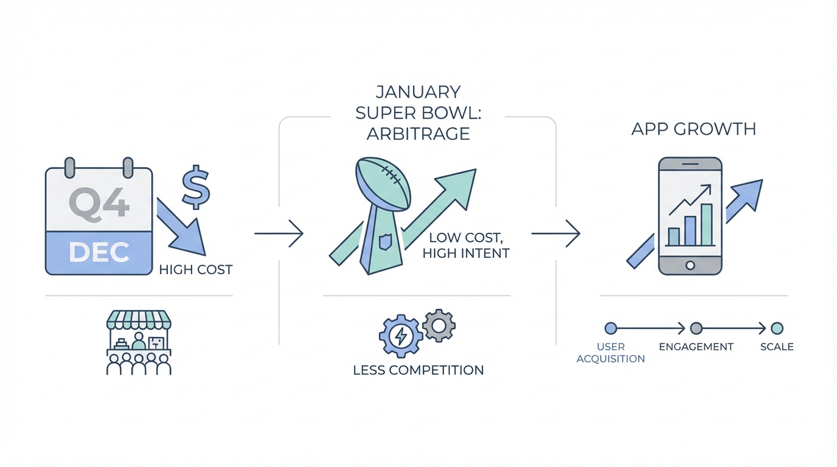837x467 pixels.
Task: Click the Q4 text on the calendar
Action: click(x=99, y=202)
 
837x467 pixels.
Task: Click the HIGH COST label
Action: click(x=196, y=269)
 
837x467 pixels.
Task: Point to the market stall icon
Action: click(x=139, y=342)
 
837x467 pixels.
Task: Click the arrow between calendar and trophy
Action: click(x=279, y=233)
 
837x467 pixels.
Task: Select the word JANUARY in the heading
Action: click(x=418, y=92)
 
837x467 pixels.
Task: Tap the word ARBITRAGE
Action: click(x=418, y=133)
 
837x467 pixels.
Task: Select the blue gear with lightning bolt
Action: click(x=401, y=336)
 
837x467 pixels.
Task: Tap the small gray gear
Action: click(x=439, y=325)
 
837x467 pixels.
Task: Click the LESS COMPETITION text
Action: click(x=418, y=370)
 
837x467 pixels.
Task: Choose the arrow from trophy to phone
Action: click(x=555, y=233)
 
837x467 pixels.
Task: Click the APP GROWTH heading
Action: click(x=693, y=129)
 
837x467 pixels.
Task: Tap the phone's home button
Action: click(x=690, y=265)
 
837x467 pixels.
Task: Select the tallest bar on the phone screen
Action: click(x=707, y=224)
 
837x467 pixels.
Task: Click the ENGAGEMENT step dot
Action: click(x=696, y=329)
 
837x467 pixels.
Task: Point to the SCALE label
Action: click(x=777, y=347)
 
